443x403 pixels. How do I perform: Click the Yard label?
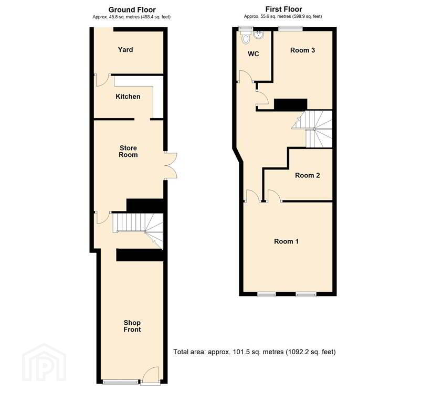click(x=125, y=50)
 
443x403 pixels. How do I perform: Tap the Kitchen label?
click(x=128, y=97)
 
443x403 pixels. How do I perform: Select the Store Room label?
click(x=128, y=151)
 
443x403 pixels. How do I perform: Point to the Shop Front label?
click(x=132, y=326)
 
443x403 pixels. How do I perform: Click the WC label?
click(x=253, y=54)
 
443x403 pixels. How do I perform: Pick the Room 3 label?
click(x=302, y=50)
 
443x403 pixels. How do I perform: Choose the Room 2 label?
click(x=307, y=175)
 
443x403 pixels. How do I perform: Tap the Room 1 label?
click(x=286, y=241)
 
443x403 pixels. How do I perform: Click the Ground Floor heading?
click(x=132, y=10)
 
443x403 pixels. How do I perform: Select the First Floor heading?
click(x=283, y=9)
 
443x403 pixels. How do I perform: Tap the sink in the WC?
click(x=259, y=35)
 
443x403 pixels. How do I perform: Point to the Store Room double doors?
click(x=171, y=165)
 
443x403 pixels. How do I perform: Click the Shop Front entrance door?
click(x=150, y=376)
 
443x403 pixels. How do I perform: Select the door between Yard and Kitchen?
click(x=102, y=80)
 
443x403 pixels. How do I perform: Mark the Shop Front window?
click(x=121, y=383)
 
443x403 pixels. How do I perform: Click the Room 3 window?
click(x=290, y=28)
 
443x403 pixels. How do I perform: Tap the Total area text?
click(x=254, y=352)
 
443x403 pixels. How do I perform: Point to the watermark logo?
click(x=44, y=363)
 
